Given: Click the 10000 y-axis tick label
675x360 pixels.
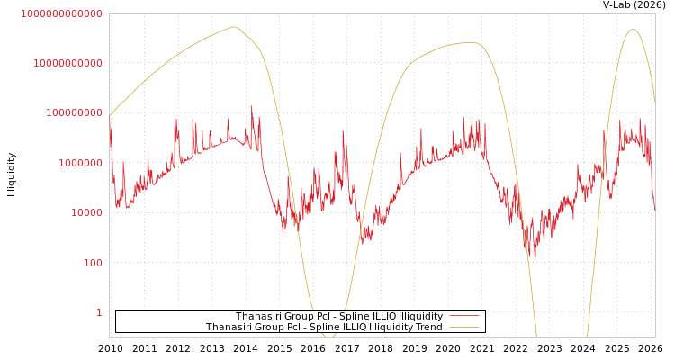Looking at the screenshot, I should click(x=85, y=213).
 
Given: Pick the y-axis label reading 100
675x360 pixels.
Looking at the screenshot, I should click(x=93, y=263).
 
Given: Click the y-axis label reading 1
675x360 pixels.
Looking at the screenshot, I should click(x=99, y=312).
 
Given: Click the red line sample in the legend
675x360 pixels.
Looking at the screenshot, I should click(x=463, y=317).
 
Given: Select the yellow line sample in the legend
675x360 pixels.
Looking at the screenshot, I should click(x=463, y=328).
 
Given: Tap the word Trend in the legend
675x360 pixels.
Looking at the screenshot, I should click(x=427, y=328).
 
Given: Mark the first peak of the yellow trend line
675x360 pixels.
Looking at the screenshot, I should click(x=234, y=27).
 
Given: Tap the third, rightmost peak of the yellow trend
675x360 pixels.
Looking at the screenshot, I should click(x=633, y=30).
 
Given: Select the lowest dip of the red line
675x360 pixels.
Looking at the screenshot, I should click(x=534, y=258).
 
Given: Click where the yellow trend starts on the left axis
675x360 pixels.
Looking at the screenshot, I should click(x=110, y=117).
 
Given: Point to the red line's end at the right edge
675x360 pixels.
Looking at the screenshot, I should click(x=654, y=209).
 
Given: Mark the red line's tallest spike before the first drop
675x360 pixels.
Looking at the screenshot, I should click(x=252, y=107).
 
